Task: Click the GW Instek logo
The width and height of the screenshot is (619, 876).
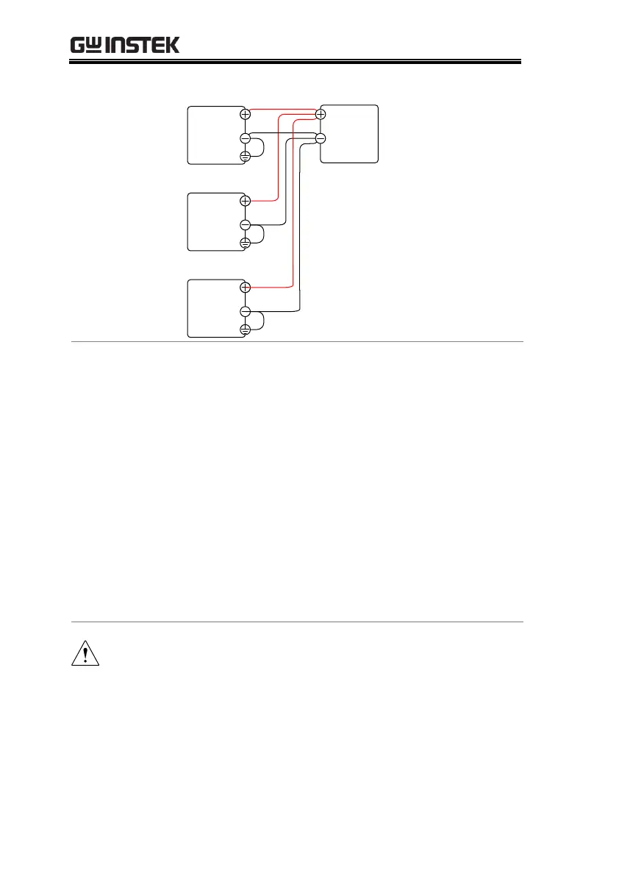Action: click(125, 46)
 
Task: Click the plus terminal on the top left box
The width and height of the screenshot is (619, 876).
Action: click(246, 114)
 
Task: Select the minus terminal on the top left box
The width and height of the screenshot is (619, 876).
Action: click(246, 138)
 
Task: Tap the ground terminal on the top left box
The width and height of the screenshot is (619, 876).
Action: click(246, 156)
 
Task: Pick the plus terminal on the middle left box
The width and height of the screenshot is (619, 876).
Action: click(246, 200)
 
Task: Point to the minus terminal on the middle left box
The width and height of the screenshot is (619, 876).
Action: click(246, 225)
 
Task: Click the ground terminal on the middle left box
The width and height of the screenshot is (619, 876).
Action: click(246, 243)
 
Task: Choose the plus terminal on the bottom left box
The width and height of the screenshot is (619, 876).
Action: click(246, 287)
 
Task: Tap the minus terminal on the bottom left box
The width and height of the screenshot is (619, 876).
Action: click(246, 312)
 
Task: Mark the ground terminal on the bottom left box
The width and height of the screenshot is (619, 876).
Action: click(246, 330)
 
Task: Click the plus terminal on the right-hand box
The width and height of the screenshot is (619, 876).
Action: click(321, 113)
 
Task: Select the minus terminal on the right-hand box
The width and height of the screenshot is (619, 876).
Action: click(321, 138)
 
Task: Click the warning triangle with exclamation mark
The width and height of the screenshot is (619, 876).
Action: click(85, 653)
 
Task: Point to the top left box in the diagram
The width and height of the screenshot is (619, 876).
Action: click(215, 135)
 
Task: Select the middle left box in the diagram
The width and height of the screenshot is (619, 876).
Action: click(215, 221)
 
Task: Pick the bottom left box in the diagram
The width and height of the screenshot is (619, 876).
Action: click(215, 308)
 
